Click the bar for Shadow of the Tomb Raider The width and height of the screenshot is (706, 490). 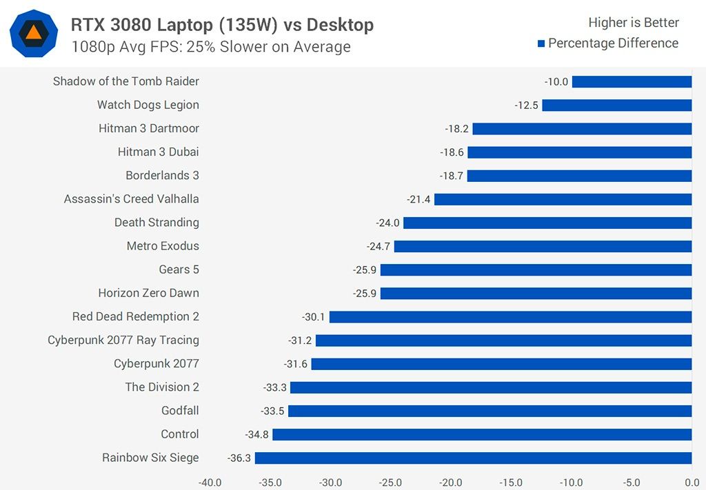[632, 81]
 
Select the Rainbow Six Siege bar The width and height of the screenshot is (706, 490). [473, 458]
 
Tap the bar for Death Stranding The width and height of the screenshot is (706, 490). [547, 223]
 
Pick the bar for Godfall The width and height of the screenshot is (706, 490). [490, 411]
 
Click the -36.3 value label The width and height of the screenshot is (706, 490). [239, 458]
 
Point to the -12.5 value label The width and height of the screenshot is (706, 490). [527, 105]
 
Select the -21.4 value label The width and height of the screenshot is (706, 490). [418, 199]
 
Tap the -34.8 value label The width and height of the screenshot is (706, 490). [257, 434]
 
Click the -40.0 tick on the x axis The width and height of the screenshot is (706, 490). [210, 482]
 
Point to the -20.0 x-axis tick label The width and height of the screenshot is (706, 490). [451, 482]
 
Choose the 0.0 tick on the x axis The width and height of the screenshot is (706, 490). [691, 482]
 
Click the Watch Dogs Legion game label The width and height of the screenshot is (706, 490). [148, 105]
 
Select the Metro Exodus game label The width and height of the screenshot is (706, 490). [163, 246]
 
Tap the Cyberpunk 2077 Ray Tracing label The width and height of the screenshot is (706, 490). [123, 340]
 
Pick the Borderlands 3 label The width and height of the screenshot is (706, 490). [162, 175]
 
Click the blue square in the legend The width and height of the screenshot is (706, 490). [541, 43]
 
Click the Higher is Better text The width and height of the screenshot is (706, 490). [633, 23]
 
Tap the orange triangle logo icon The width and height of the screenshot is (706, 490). [33, 32]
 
